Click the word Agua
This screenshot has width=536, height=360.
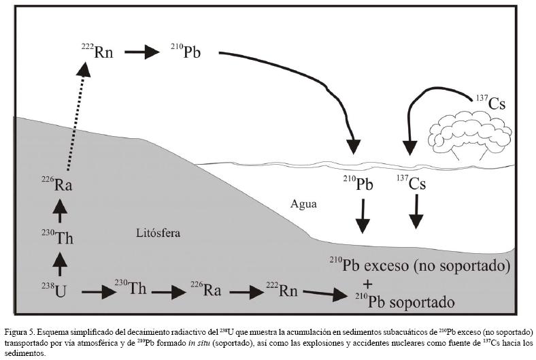point(303,203)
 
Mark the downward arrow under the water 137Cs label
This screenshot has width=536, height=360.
point(415,212)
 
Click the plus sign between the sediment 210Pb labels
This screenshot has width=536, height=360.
point(367,283)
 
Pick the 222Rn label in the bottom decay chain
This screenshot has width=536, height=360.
point(282,291)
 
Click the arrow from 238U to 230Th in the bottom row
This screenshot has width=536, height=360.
point(99,293)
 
